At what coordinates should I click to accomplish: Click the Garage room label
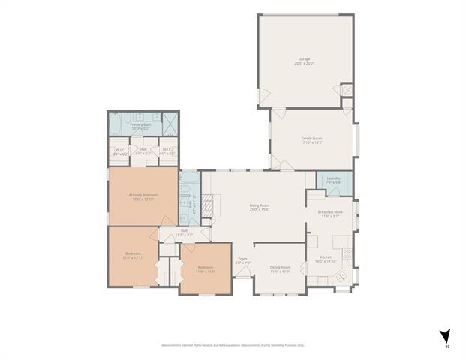pos(305,60)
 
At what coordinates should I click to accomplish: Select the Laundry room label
pos(333,180)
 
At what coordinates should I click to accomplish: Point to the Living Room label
pos(260,207)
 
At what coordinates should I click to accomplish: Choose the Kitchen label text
pos(326,259)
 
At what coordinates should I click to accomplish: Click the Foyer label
pos(242,262)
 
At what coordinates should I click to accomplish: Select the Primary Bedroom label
pos(143,197)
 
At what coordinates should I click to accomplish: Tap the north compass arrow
pos(445,337)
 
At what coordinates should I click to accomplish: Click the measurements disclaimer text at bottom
pos(233,345)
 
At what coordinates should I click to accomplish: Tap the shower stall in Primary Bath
pos(170,122)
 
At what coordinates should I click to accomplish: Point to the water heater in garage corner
pos(346,90)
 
